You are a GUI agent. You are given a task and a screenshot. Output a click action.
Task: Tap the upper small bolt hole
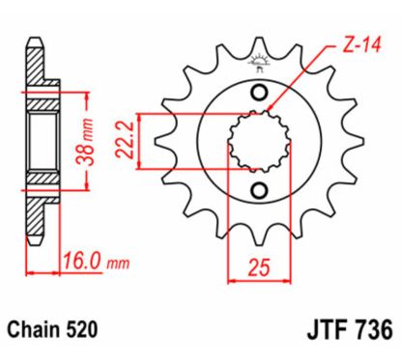click(258, 93)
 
